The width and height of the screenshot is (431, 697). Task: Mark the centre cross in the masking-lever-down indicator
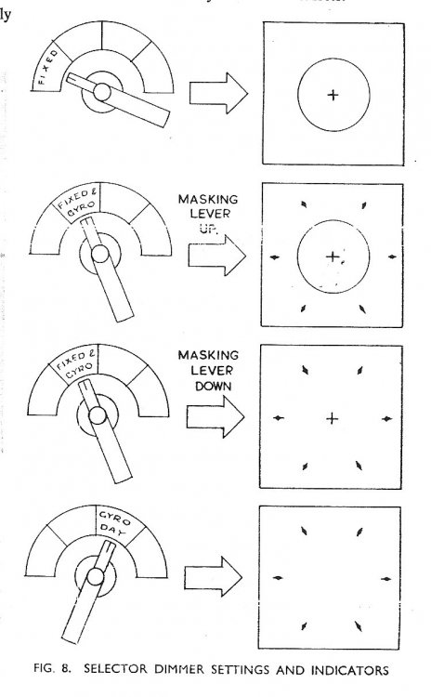(x=333, y=420)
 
